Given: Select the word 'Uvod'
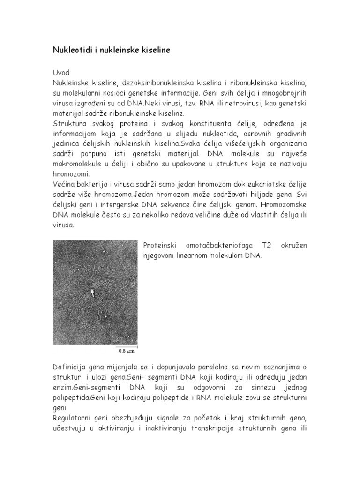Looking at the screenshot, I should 61,73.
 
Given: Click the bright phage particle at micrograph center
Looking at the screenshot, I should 92,293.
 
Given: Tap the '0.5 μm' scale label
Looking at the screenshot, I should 127,350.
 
